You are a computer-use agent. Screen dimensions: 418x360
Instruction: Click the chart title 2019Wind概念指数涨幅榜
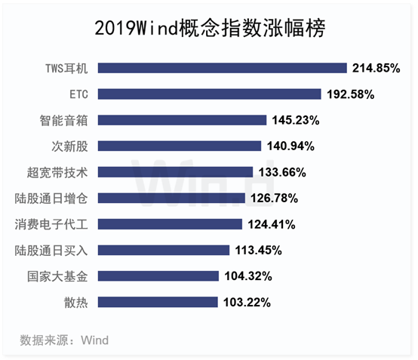pyautogui.click(x=210, y=28)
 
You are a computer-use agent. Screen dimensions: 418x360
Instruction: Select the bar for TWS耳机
pyautogui.click(x=223, y=68)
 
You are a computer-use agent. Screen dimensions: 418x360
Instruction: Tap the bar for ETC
pyautogui.click(x=209, y=94)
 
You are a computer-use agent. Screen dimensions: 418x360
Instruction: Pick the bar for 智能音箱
pyautogui.click(x=182, y=120)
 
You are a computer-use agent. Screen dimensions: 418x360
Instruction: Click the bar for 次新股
pyautogui.click(x=180, y=146)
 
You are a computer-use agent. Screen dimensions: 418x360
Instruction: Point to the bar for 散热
pyautogui.click(x=158, y=302)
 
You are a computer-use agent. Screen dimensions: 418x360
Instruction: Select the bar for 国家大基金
pyautogui.click(x=158, y=276)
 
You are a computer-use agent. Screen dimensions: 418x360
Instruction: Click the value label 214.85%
pyautogui.click(x=377, y=68)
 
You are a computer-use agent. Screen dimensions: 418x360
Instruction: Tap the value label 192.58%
pyautogui.click(x=351, y=94)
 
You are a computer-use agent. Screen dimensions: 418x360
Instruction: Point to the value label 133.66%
pyautogui.click(x=282, y=172)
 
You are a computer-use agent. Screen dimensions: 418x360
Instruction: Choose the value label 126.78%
pyautogui.click(x=274, y=198)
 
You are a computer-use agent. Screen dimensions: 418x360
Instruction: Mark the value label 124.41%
pyautogui.click(x=272, y=224)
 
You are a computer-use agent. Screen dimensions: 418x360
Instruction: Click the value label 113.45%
pyautogui.click(x=258, y=250)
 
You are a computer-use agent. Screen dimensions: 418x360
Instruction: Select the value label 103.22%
pyautogui.click(x=247, y=303)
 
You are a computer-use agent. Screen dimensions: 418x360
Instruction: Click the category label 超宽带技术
pyautogui.click(x=57, y=172)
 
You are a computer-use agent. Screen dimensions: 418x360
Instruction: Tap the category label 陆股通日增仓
pyautogui.click(x=51, y=198)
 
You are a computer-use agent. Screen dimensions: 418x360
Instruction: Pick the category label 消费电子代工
pyautogui.click(x=51, y=224)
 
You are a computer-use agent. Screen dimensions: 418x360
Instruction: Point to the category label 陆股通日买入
pyautogui.click(x=51, y=251)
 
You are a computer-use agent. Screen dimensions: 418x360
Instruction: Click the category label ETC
pyautogui.click(x=78, y=94)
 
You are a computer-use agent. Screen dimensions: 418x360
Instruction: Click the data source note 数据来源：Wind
pyautogui.click(x=64, y=340)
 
